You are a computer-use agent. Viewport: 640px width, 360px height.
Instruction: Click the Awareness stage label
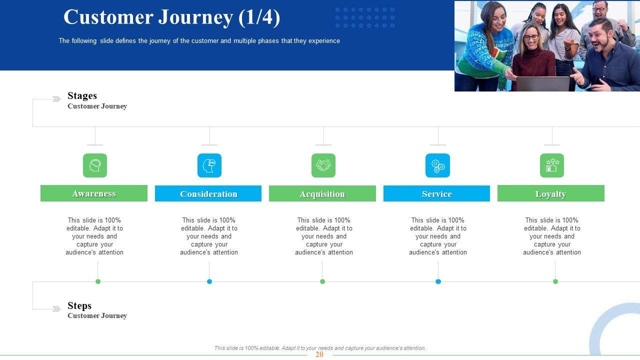94,193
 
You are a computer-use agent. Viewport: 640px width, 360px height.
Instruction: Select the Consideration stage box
208,193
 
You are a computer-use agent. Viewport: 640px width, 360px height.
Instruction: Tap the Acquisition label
322,193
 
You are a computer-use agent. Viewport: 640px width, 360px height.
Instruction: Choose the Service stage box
436,193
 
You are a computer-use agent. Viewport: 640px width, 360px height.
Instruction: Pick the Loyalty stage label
551,193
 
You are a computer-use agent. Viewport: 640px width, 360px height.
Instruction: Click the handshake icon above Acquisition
323,165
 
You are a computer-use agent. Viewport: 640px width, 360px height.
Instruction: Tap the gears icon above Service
437,165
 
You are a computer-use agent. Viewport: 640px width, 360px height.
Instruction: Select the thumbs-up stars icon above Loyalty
552,165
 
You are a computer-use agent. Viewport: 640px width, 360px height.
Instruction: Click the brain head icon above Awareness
95,165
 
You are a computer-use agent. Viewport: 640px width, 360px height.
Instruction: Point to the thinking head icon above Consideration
209,165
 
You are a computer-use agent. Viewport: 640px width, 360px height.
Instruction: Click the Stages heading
82,95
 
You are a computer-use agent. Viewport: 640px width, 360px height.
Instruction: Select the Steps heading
79,305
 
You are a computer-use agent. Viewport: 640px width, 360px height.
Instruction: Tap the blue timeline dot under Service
438,281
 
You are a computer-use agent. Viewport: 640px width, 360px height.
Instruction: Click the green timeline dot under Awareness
98,281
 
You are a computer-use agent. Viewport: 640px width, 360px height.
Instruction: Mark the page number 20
319,354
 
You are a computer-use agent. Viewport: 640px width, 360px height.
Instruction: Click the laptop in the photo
543,83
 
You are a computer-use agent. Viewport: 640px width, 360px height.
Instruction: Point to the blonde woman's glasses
531,37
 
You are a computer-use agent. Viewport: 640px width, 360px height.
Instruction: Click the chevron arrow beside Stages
56,99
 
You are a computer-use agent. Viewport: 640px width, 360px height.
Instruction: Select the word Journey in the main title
195,17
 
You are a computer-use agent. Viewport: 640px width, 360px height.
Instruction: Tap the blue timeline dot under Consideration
209,281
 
